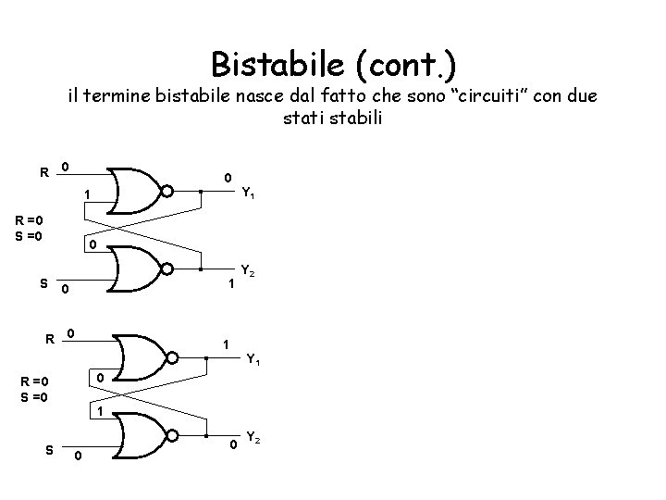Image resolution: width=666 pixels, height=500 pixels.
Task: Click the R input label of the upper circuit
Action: [43, 172]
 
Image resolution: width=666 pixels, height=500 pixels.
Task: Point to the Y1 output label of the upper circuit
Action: [249, 194]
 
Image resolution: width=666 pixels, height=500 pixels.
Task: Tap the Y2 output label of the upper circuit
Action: [248, 272]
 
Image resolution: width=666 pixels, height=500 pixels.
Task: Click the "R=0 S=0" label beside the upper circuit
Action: [35, 229]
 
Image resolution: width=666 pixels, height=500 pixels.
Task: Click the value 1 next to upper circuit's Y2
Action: [230, 286]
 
